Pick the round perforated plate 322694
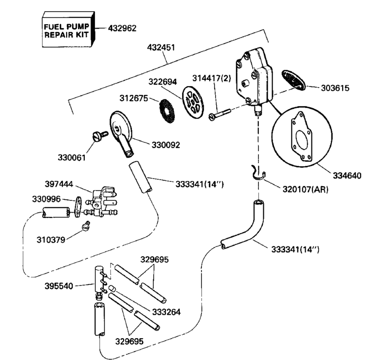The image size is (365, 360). (x=193, y=102)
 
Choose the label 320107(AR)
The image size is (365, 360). (x=305, y=189)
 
